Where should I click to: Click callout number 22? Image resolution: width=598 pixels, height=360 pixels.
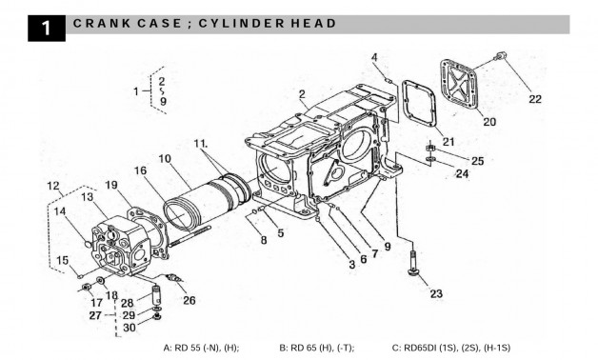click(534, 98)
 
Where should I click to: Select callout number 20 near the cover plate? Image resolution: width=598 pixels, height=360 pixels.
click(488, 121)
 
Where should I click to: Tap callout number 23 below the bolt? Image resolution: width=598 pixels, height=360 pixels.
click(435, 293)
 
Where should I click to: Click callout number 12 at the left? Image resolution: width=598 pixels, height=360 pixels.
click(52, 185)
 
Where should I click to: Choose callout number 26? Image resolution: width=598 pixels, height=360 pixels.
click(189, 300)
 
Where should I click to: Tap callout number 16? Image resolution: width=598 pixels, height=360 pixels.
click(140, 170)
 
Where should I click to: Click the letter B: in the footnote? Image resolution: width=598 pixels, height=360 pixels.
click(284, 348)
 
